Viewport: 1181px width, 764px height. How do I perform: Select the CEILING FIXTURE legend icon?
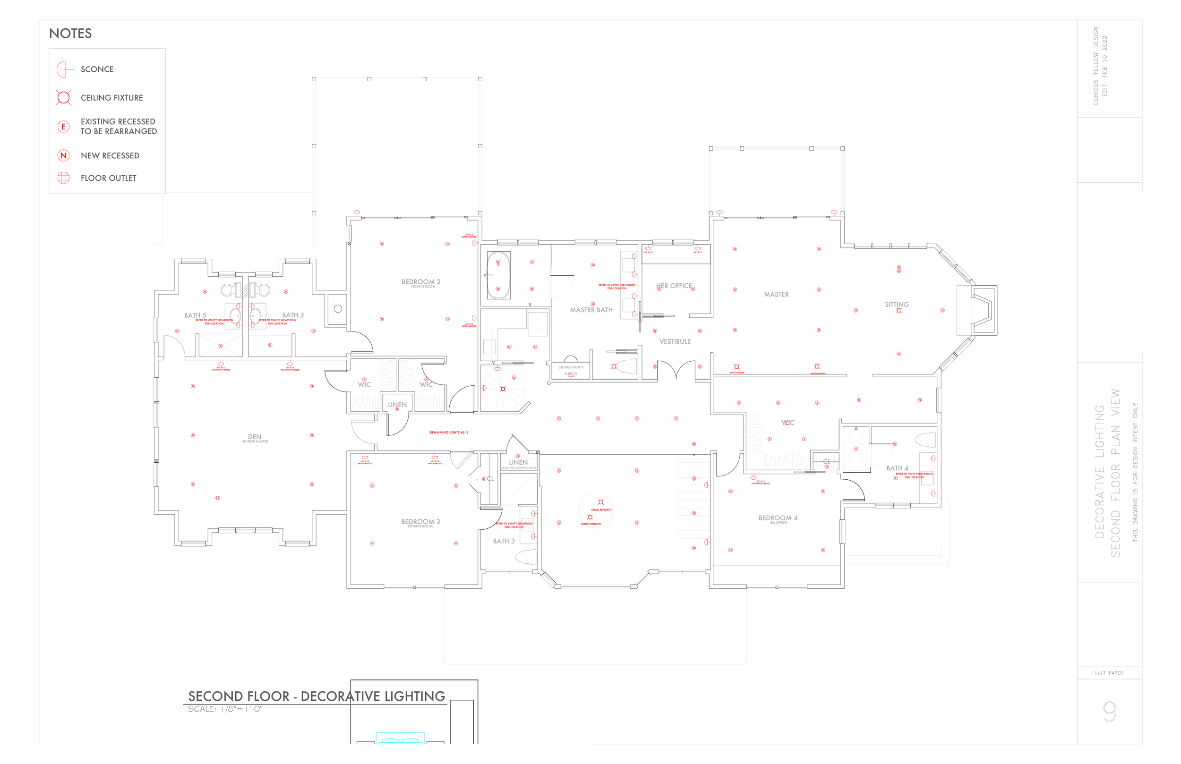(x=63, y=98)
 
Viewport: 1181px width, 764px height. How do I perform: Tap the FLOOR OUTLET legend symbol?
(x=63, y=178)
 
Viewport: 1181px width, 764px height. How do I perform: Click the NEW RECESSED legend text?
(x=110, y=156)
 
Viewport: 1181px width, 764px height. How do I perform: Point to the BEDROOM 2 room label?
(x=421, y=282)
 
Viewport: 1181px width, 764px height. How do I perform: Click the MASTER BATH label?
(x=591, y=310)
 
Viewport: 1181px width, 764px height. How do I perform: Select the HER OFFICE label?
(x=674, y=286)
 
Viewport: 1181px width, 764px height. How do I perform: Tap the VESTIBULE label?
(x=675, y=341)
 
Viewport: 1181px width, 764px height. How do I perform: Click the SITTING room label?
(x=897, y=305)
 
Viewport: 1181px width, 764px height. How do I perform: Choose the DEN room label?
(x=255, y=437)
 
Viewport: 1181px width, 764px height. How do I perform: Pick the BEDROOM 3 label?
(x=420, y=521)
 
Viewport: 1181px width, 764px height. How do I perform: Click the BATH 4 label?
(x=897, y=468)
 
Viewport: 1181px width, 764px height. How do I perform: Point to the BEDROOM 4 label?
(x=778, y=518)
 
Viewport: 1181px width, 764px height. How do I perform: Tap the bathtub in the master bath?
(x=498, y=275)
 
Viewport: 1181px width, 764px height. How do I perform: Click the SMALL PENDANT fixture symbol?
(x=601, y=502)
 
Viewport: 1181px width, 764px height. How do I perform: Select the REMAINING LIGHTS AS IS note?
(x=449, y=433)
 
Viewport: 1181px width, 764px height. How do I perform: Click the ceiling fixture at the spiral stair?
(x=503, y=389)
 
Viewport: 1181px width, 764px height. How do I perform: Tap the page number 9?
(x=1110, y=712)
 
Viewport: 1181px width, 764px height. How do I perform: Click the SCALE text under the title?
(x=225, y=709)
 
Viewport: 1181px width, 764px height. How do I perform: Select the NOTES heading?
(x=70, y=34)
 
